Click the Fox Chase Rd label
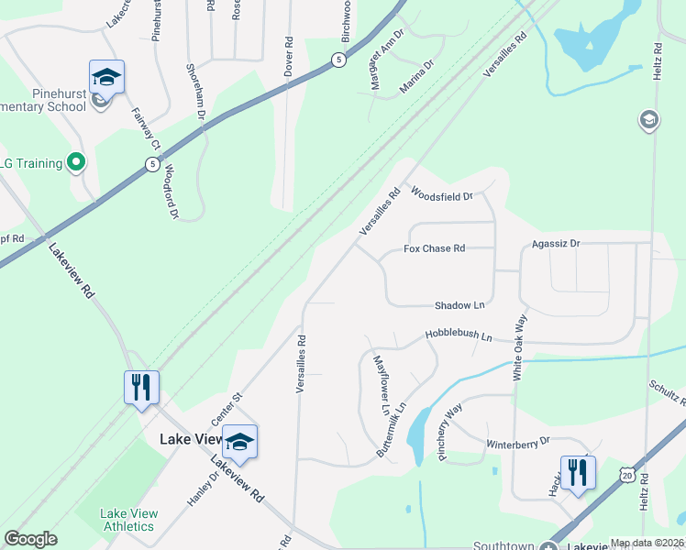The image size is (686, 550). [x=435, y=248]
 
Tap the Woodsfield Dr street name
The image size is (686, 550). [x=441, y=194]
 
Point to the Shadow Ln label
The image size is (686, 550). [x=459, y=305]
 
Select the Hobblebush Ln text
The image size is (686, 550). [x=458, y=336]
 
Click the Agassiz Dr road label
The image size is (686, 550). [x=556, y=244]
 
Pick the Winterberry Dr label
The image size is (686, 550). [x=517, y=441]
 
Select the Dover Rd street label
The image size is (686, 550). [x=289, y=55]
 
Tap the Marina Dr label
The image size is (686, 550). [x=415, y=84]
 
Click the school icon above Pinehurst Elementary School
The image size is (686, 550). [x=106, y=77]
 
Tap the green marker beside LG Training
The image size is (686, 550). [x=76, y=163]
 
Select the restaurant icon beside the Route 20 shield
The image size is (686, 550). [x=578, y=473]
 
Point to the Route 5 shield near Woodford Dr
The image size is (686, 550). [x=150, y=164]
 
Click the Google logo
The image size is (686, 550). [x=31, y=539]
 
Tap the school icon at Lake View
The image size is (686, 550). [x=239, y=442]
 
